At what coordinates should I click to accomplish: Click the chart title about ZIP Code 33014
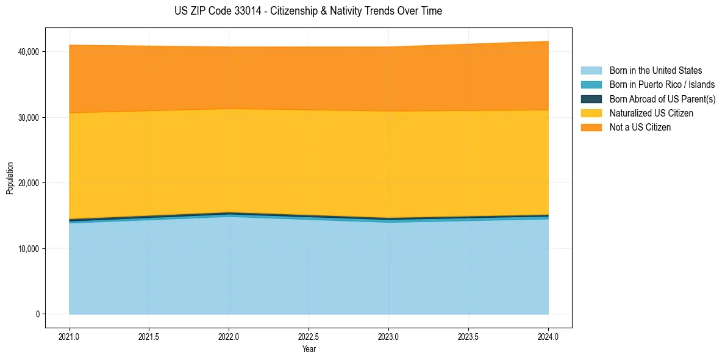[308, 11]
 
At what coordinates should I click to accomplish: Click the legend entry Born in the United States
[655, 71]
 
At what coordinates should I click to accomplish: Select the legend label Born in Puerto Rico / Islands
[662, 85]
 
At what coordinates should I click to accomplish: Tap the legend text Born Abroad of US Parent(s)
[662, 99]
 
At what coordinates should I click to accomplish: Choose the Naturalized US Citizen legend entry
[651, 113]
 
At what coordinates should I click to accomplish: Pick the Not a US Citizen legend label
[640, 127]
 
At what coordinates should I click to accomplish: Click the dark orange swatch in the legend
[591, 127]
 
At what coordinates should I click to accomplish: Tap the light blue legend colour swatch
[591, 71]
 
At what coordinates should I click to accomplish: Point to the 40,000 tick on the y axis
[28, 51]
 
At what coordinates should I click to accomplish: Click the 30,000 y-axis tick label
[28, 117]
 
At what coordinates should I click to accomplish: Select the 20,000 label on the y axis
[28, 183]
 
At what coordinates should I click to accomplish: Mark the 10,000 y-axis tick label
[28, 248]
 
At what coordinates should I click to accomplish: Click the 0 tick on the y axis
[37, 314]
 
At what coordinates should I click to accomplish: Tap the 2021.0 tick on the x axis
[69, 336]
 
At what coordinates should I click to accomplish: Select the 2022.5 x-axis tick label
[309, 336]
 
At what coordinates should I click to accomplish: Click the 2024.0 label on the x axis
[548, 336]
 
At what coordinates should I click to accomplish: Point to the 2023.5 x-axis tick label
[468, 336]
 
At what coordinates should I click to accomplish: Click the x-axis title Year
[309, 349]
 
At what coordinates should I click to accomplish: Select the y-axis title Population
[10, 178]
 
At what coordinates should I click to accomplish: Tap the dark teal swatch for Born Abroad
[591, 99]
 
